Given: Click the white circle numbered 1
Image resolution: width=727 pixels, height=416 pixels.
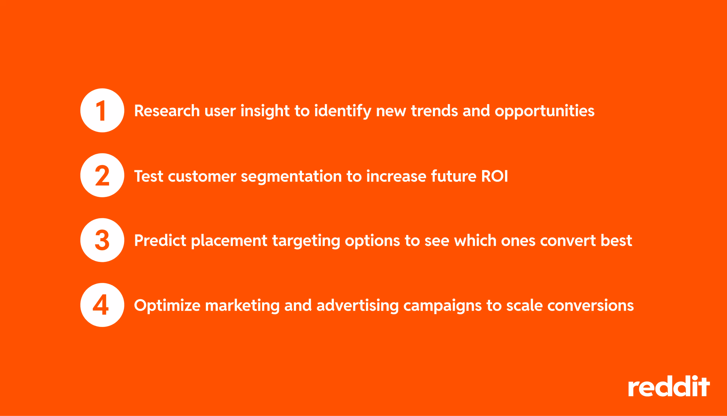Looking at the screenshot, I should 102,110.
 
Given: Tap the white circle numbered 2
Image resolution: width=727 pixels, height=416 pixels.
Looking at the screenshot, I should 102,175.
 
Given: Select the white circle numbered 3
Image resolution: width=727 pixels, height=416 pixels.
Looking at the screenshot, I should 102,240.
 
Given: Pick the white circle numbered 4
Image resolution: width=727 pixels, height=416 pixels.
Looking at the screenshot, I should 102,305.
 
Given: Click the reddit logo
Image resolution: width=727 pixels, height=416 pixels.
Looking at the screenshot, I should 669,386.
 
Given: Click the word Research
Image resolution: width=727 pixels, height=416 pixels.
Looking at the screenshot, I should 167,111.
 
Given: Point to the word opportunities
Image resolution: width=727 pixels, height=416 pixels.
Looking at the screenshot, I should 544,111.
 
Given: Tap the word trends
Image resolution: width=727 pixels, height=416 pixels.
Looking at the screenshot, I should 434,111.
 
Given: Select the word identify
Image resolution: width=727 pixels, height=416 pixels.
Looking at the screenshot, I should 342,111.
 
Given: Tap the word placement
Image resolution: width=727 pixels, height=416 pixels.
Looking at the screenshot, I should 229,241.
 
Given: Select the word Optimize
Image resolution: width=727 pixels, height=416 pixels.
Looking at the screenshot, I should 167,306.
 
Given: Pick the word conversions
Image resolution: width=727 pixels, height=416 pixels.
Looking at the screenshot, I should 590,306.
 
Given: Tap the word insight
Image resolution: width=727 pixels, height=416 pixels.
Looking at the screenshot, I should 265,111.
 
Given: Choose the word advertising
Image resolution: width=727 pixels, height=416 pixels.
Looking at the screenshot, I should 357,306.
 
